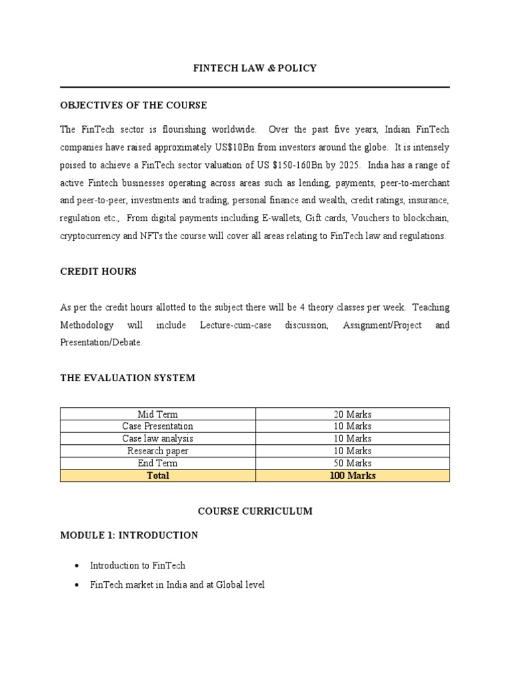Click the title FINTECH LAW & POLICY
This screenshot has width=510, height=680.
tap(255, 68)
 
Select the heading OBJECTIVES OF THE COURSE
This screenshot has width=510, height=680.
tap(133, 105)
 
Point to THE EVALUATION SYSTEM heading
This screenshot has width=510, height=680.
tap(127, 378)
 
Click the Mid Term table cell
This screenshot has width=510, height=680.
tap(157, 414)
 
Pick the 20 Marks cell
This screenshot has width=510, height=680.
tap(353, 414)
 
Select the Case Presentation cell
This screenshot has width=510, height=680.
tap(157, 426)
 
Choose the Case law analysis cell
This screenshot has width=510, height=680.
tap(157, 439)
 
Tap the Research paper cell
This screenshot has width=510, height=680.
tap(157, 451)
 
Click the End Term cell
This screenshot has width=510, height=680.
tap(157, 464)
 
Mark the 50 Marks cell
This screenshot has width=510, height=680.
tap(353, 464)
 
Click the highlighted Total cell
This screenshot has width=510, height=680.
tap(157, 475)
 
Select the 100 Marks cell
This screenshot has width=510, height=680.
tap(353, 475)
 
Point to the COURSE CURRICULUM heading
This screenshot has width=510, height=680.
tap(255, 511)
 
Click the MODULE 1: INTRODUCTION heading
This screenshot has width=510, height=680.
tap(129, 535)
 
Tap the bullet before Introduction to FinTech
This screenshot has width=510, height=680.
tap(77, 566)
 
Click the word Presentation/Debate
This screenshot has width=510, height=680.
tap(100, 343)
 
